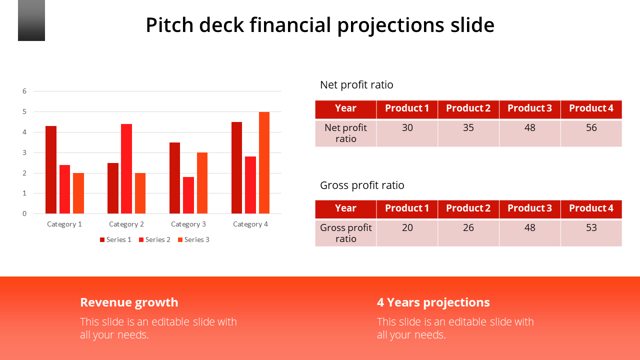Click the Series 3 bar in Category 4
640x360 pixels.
(264, 162)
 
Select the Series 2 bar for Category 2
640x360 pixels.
(126, 168)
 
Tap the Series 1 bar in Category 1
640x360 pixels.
(51, 169)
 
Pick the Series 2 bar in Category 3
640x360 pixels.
(188, 195)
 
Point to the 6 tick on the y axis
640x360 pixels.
(24, 91)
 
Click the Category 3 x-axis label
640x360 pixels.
(188, 224)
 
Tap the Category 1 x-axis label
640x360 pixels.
(64, 224)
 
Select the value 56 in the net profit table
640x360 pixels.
(591, 128)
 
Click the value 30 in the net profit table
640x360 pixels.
(407, 128)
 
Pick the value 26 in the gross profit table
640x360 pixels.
(468, 228)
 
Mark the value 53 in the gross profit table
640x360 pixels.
(591, 228)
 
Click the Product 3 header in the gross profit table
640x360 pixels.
(529, 208)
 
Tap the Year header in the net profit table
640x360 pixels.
(345, 108)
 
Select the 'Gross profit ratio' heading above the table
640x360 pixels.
(362, 185)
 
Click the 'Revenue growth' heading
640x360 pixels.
(129, 302)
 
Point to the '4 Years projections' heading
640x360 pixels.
(433, 302)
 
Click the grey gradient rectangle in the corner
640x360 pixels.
(31, 20)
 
